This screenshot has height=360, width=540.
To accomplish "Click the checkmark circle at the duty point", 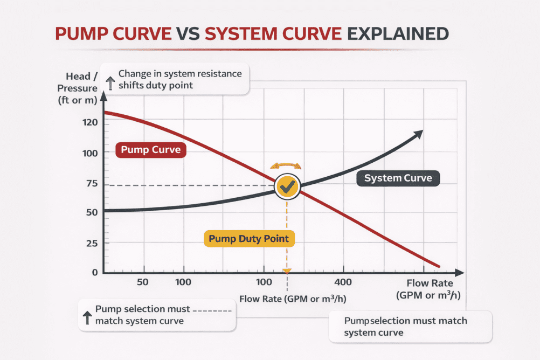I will pyautogui.click(x=288, y=186).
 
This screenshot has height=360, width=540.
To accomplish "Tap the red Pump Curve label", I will pyautogui.click(x=151, y=149).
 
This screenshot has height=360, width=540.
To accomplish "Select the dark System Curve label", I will pyautogui.click(x=398, y=178).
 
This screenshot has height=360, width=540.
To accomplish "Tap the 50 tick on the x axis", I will pyautogui.click(x=143, y=282).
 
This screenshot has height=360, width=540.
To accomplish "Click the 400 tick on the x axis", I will pyautogui.click(x=343, y=282).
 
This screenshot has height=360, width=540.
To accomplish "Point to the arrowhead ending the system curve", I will pyautogui.click(x=418, y=133).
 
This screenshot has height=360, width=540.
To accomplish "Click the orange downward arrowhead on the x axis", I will pyautogui.click(x=287, y=271).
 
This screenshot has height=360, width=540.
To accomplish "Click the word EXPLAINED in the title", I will pyautogui.click(x=398, y=34).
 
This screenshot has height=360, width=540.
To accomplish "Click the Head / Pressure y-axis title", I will pyautogui.click(x=82, y=88).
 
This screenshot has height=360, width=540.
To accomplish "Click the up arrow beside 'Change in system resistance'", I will pyautogui.click(x=110, y=82).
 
